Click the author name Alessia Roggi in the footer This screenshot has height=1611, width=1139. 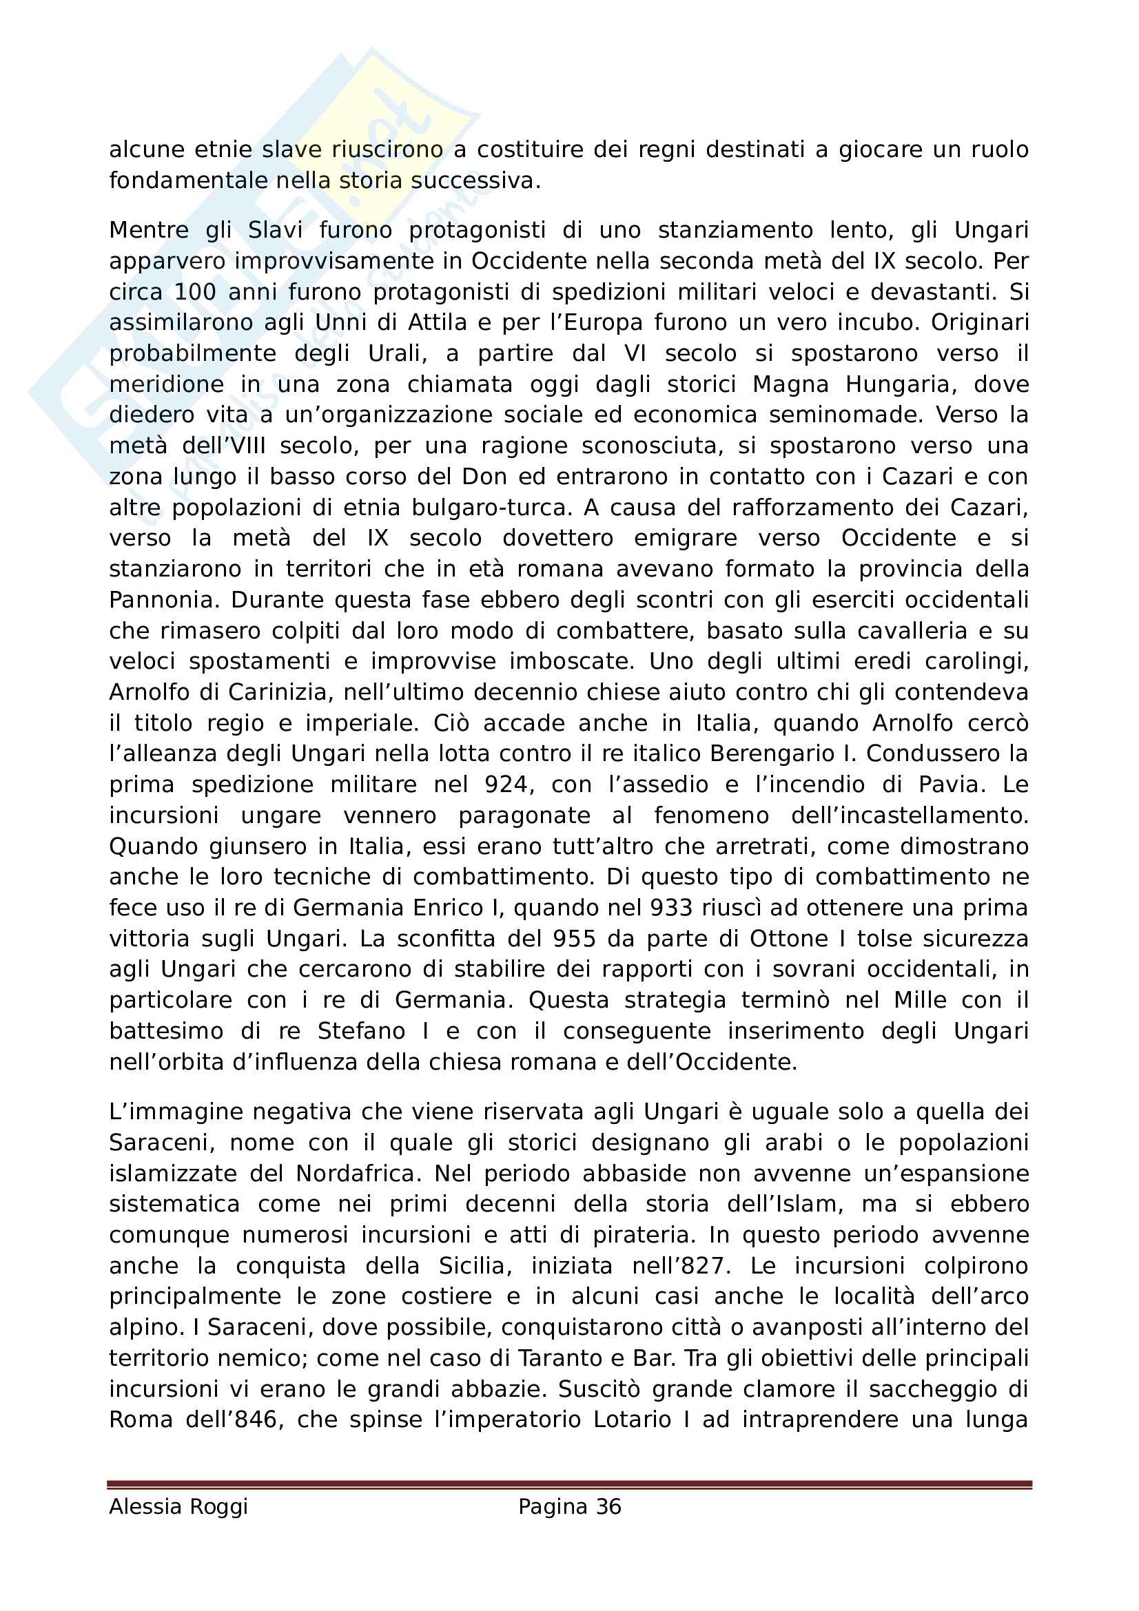coord(178,1506)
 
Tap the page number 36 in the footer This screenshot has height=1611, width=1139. coord(608,1506)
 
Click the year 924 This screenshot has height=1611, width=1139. coord(506,784)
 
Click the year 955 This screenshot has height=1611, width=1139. coord(574,939)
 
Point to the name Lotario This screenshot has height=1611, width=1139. coord(635,1420)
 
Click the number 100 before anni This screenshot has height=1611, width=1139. coord(194,292)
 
